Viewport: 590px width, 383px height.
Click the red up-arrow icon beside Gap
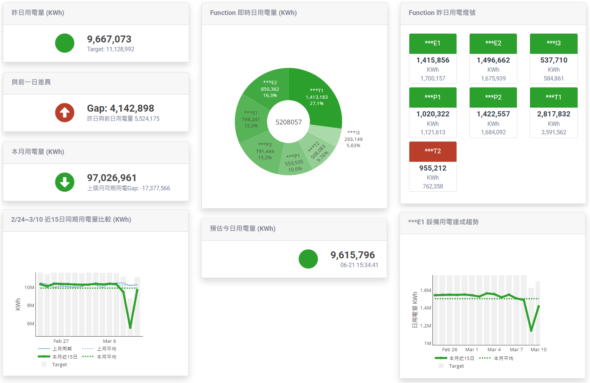click(65, 113)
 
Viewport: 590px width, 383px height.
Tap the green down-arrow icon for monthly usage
click(65, 182)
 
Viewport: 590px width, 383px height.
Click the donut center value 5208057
click(289, 122)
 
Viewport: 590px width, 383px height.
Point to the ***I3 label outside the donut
click(353, 132)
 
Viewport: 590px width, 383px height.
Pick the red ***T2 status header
click(432, 151)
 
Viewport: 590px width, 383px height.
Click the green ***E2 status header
click(493, 43)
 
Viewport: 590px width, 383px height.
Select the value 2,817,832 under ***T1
click(553, 114)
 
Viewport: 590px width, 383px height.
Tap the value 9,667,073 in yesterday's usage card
click(109, 39)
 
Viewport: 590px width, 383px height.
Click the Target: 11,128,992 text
click(111, 49)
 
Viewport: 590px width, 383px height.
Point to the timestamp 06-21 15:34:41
click(359, 265)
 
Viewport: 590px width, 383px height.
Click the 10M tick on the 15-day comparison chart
click(29, 288)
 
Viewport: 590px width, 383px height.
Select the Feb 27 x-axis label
click(61, 341)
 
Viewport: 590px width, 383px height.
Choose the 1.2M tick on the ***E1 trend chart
click(425, 326)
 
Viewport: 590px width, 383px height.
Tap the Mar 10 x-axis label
click(538, 350)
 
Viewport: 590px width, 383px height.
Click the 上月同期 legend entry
click(61, 349)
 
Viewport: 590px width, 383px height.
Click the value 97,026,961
click(112, 178)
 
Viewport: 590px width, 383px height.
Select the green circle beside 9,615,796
click(308, 259)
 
